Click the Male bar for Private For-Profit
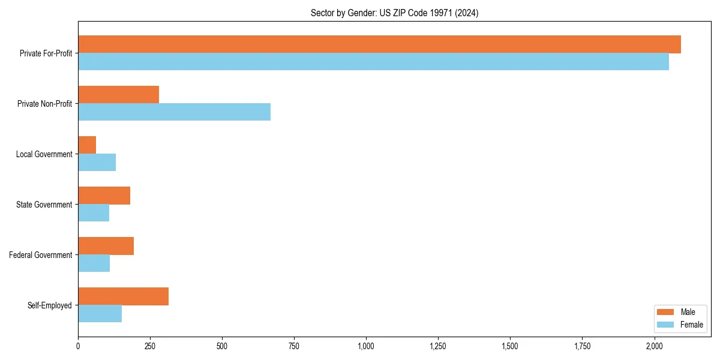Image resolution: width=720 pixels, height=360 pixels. click(x=379, y=44)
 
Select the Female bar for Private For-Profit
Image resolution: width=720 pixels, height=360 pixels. click(x=373, y=62)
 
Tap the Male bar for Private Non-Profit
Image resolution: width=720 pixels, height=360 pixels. click(x=118, y=95)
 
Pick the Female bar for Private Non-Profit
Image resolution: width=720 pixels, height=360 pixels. click(x=174, y=112)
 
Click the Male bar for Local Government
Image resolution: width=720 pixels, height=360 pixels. click(x=87, y=145)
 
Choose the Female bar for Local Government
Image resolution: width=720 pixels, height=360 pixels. click(x=97, y=163)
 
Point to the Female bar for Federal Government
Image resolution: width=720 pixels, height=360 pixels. click(x=94, y=263)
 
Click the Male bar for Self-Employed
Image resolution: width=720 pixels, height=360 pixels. click(x=123, y=296)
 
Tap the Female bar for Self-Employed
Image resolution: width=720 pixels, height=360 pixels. click(x=100, y=314)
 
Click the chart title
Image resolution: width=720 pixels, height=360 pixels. click(x=394, y=13)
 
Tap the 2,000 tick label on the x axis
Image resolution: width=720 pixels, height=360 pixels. click(x=654, y=346)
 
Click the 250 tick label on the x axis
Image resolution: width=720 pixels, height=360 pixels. click(x=150, y=346)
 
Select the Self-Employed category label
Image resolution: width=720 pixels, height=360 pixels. click(x=50, y=305)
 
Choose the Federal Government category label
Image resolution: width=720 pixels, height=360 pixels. click(x=41, y=255)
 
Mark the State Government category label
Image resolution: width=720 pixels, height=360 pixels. click(x=44, y=205)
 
